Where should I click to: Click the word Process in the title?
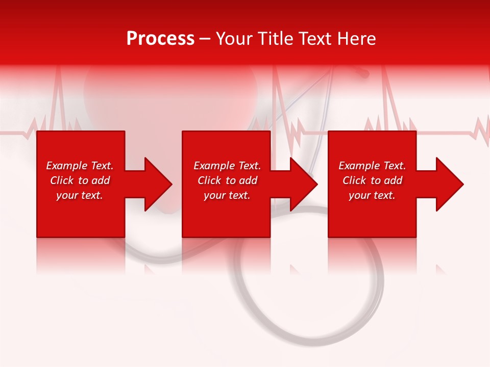(160, 39)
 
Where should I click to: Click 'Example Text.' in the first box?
(80, 166)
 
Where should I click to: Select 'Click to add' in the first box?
(80, 180)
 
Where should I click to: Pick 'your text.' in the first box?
(80, 195)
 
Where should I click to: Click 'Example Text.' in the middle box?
(227, 166)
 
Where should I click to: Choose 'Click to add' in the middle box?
(227, 180)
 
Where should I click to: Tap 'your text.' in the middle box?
(227, 195)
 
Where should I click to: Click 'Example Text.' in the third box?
(372, 166)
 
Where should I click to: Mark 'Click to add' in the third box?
(372, 180)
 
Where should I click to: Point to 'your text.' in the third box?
(372, 195)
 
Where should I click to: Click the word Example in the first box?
(67, 166)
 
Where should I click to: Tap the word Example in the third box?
(359, 166)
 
